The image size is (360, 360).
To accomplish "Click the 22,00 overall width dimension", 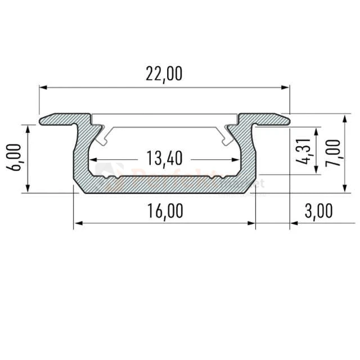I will click(164, 74).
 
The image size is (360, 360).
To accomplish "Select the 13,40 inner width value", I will click(164, 159).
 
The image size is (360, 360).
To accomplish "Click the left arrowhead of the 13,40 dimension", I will click(94, 159).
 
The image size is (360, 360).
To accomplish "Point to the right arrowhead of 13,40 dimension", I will click(236, 159).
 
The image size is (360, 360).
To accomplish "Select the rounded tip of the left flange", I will click(42, 120).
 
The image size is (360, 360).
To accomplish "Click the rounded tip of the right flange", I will click(289, 119).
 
